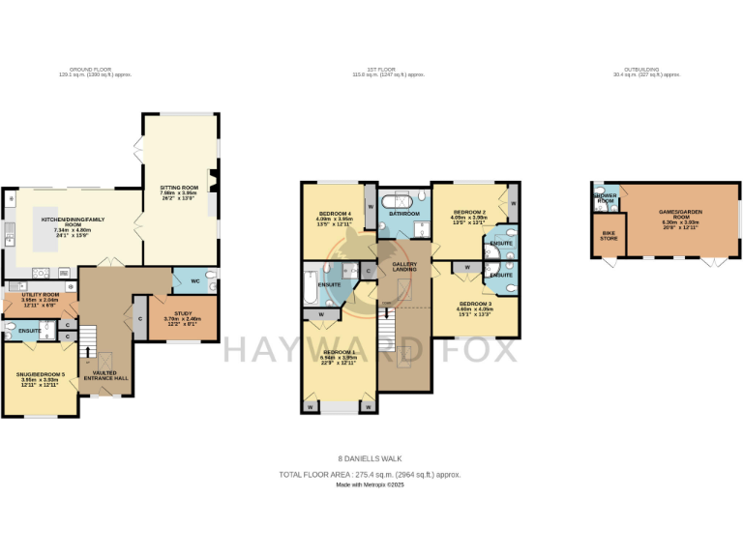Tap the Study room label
(x=183, y=314)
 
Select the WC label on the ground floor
(x=194, y=281)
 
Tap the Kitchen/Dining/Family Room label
(x=73, y=220)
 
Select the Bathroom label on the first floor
(x=403, y=213)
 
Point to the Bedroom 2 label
(x=469, y=212)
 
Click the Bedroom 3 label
(x=475, y=304)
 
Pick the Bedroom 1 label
(x=339, y=352)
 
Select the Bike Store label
(x=609, y=235)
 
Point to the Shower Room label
(x=605, y=197)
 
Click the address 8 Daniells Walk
(x=371, y=458)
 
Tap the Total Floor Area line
(x=371, y=475)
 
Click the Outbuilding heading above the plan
(x=641, y=70)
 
